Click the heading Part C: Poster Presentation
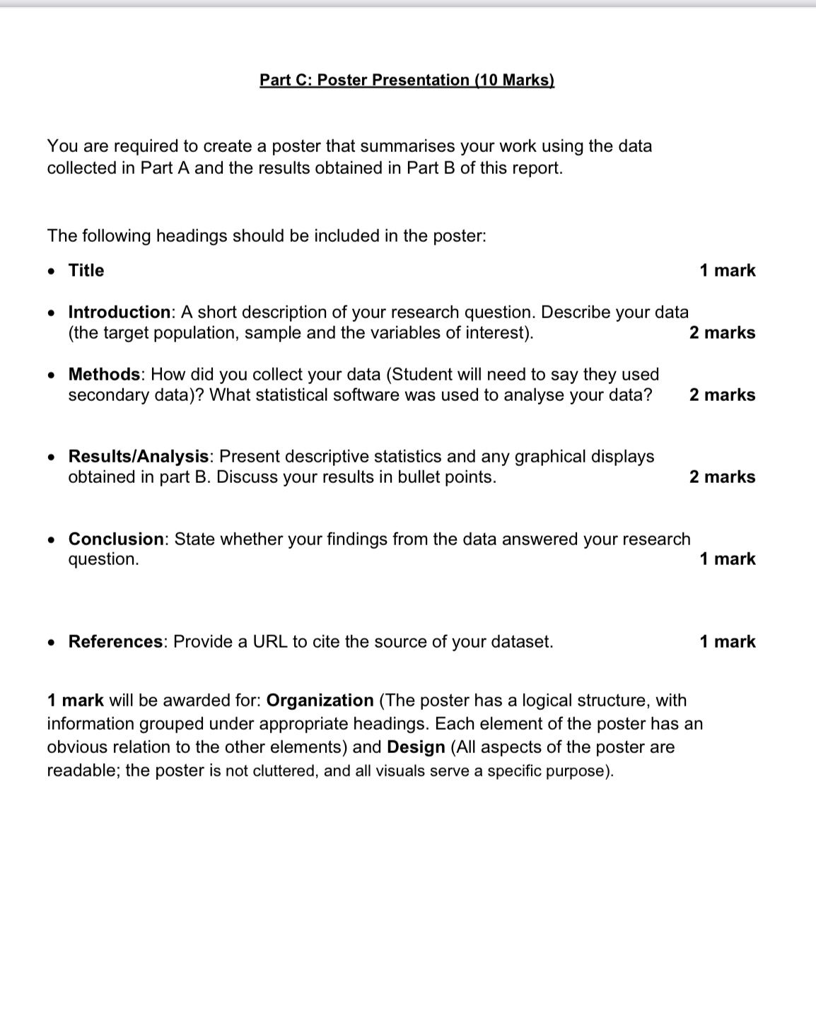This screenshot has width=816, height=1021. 407,80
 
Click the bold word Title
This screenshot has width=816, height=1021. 86,271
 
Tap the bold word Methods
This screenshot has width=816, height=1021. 105,375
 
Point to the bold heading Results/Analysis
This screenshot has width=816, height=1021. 139,457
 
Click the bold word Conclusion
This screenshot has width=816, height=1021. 116,539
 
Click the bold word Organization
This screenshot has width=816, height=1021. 320,701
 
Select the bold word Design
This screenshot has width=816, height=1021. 416,747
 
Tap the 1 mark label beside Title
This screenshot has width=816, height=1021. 728,271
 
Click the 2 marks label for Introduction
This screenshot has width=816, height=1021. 722,333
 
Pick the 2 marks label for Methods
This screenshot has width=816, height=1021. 722,395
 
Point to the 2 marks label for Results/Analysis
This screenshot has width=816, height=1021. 722,477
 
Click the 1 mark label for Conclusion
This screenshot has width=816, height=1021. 728,559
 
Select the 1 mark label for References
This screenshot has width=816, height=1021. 728,642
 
